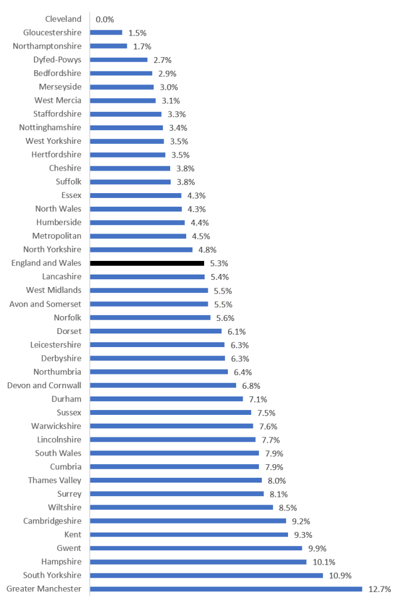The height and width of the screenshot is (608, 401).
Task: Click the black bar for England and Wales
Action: [147, 263]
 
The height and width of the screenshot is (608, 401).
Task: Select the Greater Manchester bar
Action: [226, 589]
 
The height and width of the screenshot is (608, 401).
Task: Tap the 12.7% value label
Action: [380, 589]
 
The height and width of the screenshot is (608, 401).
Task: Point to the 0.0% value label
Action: [105, 19]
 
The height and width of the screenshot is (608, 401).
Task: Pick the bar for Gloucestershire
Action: [106, 33]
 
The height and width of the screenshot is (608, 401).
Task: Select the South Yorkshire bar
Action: [206, 575]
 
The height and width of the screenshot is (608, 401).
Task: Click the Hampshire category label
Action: [61, 562]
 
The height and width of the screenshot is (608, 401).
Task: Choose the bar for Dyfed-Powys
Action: [119, 59]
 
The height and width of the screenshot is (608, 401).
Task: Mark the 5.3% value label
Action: [220, 263]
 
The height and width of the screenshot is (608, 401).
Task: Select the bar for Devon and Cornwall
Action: [163, 385]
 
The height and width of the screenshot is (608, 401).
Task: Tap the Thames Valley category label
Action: [55, 480]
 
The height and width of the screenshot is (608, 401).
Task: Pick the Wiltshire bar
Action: [181, 508]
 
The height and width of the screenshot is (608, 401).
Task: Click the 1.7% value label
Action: [142, 46]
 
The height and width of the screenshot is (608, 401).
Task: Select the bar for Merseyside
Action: [122, 87]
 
